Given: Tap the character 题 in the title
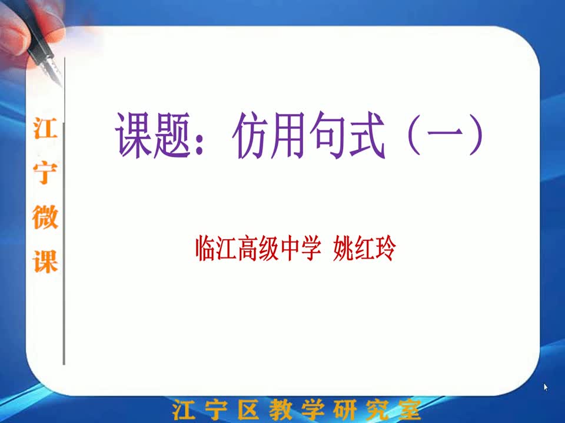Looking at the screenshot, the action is [x=172, y=135].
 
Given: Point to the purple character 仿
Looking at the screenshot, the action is [x=251, y=135].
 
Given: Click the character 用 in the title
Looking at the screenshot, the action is [x=290, y=135].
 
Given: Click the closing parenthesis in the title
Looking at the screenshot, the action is [x=476, y=135].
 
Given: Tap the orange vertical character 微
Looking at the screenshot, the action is [x=45, y=217].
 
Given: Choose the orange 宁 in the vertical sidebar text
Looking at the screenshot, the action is [x=45, y=173].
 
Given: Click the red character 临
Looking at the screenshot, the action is [x=206, y=248].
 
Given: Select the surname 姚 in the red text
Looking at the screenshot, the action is [x=343, y=248].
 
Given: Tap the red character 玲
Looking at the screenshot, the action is [x=385, y=248].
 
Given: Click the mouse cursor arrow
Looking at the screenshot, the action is [x=546, y=387].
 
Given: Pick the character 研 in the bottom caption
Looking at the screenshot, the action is [x=344, y=409].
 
